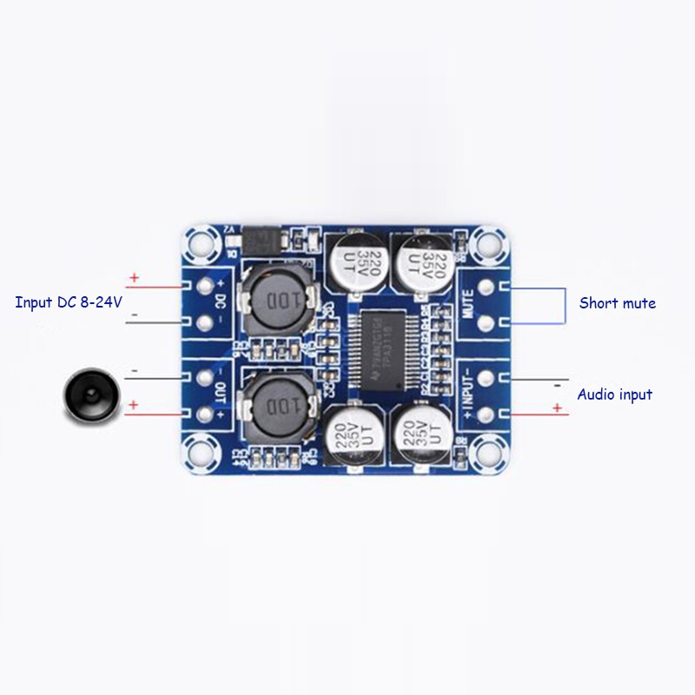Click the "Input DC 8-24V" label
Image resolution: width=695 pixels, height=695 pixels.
pos(69,303)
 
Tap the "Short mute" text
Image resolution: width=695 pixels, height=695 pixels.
pos(617,303)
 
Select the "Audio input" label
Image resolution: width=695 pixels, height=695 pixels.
pos(615,394)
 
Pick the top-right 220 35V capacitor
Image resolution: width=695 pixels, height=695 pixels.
pos(422,262)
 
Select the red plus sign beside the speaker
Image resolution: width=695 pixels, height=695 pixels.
pos(134,406)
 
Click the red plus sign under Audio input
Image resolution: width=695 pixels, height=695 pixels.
pos(557,408)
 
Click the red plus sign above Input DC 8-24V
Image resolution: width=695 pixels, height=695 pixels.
pos(134,279)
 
